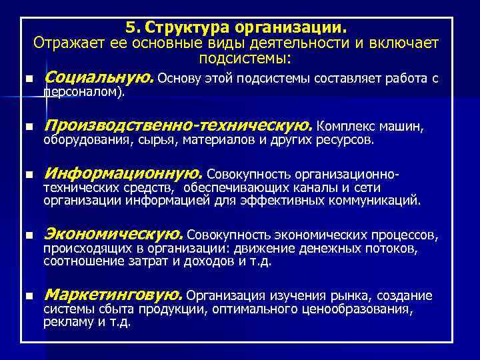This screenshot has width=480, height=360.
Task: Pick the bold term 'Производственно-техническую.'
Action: click(177, 125)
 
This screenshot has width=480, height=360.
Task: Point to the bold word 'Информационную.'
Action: click(123, 174)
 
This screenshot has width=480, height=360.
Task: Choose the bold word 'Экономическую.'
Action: click(113, 234)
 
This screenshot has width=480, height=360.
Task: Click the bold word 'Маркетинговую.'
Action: click(113, 295)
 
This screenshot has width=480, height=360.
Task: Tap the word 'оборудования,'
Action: click(89, 141)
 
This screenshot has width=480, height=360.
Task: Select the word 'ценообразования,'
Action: click(357, 309)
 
